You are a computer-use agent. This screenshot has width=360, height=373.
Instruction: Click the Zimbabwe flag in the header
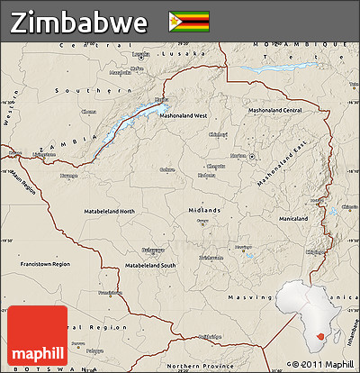pos(188,21)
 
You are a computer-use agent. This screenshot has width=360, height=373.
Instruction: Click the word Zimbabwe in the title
pos(79,22)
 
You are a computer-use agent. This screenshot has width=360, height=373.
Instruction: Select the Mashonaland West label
pos(184,115)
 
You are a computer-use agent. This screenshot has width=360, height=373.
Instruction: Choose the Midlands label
pos(203,210)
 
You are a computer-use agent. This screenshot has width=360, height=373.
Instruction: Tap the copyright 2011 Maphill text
pos(321,365)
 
